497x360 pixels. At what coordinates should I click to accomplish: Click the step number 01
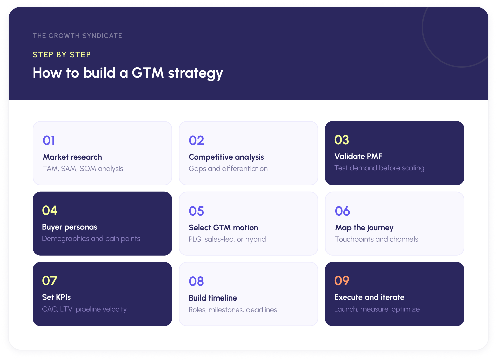pos(49,141)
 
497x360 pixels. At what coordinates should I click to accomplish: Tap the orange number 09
pos(342,281)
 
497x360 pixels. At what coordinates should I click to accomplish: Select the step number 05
pos(196,211)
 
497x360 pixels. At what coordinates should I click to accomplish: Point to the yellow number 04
pos(50,211)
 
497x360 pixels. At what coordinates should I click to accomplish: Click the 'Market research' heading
pos(72,157)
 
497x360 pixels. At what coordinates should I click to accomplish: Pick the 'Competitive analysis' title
pos(226,157)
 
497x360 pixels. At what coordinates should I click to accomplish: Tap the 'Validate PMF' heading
pos(358,156)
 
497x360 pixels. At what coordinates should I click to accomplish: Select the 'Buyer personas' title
pos(69,227)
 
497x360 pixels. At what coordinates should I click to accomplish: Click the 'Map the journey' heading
pos(364,228)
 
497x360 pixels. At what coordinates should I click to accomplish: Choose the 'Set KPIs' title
pos(56,297)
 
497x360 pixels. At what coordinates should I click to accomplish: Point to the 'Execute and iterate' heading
pos(369,297)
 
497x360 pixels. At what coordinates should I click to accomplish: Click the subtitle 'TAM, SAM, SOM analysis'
pos(83,169)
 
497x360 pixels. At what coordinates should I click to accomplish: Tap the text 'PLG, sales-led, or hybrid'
pos(227,239)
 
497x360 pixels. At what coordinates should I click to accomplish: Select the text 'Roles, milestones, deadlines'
pos(233,310)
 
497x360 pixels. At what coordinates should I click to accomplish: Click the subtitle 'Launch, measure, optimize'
pos(377,309)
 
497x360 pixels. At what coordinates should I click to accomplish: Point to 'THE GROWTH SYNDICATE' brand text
pos(77,36)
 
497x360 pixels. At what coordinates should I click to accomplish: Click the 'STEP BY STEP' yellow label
pos(62,55)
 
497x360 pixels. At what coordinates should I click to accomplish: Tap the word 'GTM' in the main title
pos(148,73)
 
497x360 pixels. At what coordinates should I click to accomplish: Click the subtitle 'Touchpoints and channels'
pos(376,239)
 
